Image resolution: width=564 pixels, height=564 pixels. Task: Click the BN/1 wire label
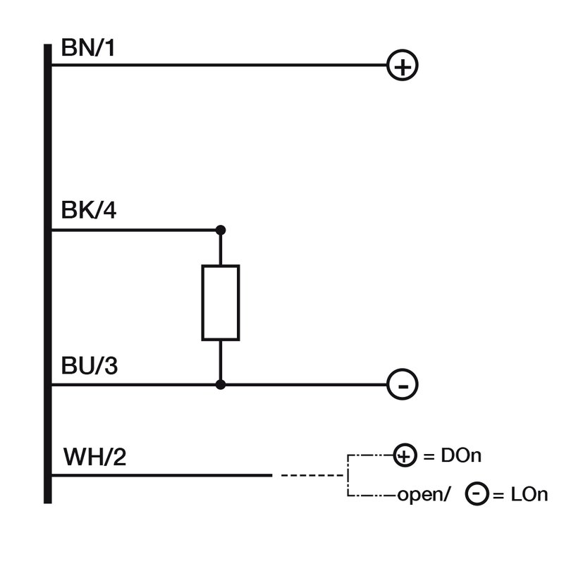(x=89, y=49)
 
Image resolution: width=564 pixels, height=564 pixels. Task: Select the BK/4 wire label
(x=89, y=211)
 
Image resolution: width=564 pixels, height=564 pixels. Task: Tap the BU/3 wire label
(x=89, y=367)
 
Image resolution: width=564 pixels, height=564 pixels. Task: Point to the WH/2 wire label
(x=94, y=458)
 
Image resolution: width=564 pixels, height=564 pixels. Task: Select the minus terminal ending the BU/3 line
(x=403, y=385)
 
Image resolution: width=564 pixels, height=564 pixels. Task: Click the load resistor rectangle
(x=221, y=302)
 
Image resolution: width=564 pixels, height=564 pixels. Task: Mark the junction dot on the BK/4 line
(x=221, y=230)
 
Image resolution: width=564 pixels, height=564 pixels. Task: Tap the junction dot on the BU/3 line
(x=221, y=385)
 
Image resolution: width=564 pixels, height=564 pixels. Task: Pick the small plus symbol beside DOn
(x=404, y=456)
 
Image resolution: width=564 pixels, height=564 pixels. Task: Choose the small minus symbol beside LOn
(x=477, y=495)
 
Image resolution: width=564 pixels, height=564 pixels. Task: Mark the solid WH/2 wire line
(x=162, y=475)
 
